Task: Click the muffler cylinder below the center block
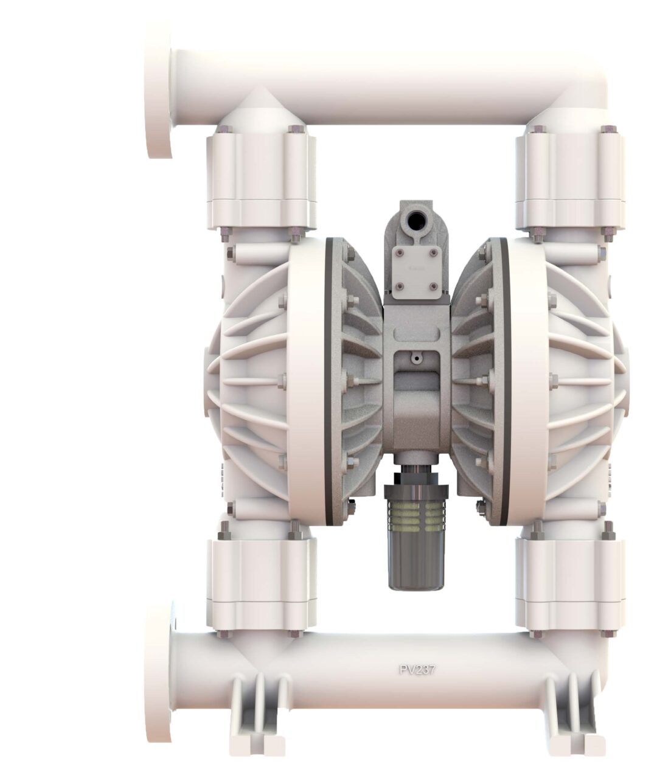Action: point(417,547)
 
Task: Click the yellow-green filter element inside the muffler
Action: point(417,509)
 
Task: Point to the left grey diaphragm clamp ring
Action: point(330,380)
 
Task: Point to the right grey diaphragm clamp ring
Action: point(503,380)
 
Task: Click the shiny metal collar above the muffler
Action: point(417,472)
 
